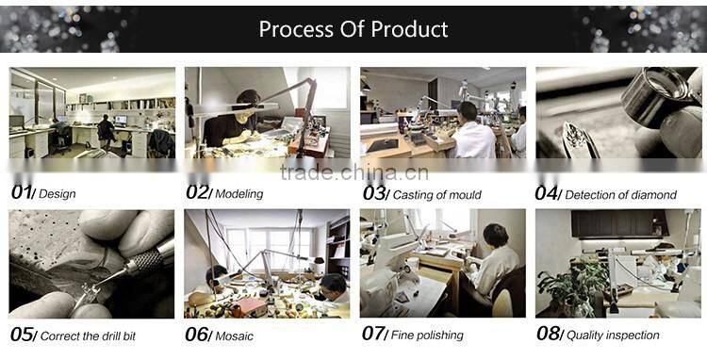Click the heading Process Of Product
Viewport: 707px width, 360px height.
point(353,29)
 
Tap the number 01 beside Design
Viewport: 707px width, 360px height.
point(21,192)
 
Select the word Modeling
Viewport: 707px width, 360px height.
point(239,194)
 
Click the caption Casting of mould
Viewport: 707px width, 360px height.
point(436,195)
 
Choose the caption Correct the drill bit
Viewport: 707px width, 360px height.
point(88,336)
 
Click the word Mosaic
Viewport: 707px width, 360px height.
point(234,336)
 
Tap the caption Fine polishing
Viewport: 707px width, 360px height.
point(427,335)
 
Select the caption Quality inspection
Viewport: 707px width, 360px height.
point(613,335)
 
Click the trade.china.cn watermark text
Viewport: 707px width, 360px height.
point(353,172)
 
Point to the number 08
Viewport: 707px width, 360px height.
point(548,334)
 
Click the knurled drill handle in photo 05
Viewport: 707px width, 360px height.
point(146,261)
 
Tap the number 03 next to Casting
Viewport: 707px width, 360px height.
point(373,193)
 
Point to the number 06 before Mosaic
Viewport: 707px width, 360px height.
point(197,335)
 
